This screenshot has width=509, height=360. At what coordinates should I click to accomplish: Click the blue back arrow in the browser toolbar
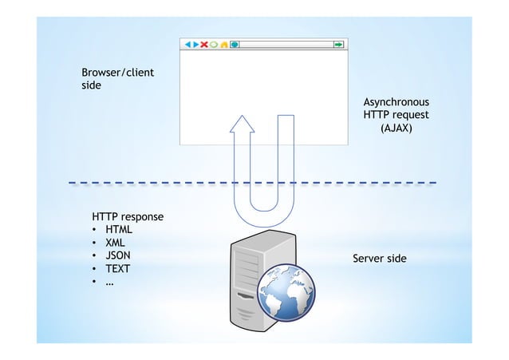pyautogui.click(x=187, y=45)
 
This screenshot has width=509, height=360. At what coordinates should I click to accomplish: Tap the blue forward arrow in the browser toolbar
pyautogui.click(x=195, y=45)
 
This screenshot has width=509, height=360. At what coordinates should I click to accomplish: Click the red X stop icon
pyautogui.click(x=204, y=45)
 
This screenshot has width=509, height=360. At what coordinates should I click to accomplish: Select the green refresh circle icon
pyautogui.click(x=214, y=45)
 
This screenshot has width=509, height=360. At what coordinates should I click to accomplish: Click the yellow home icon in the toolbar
pyautogui.click(x=224, y=45)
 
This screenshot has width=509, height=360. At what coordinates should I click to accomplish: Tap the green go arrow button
pyautogui.click(x=339, y=45)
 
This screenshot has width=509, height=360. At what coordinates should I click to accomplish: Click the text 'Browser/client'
pyautogui.click(x=117, y=73)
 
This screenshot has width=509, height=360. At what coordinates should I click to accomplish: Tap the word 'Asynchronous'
pyautogui.click(x=396, y=102)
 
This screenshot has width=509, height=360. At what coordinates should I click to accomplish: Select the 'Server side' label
pyautogui.click(x=379, y=259)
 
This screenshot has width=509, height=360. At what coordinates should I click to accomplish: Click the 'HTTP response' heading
pyautogui.click(x=128, y=216)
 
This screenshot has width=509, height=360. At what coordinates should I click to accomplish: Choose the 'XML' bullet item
pyautogui.click(x=116, y=243)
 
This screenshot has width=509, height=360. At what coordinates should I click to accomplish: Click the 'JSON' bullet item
pyautogui.click(x=117, y=255)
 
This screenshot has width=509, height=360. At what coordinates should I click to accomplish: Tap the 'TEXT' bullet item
pyautogui.click(x=117, y=268)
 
